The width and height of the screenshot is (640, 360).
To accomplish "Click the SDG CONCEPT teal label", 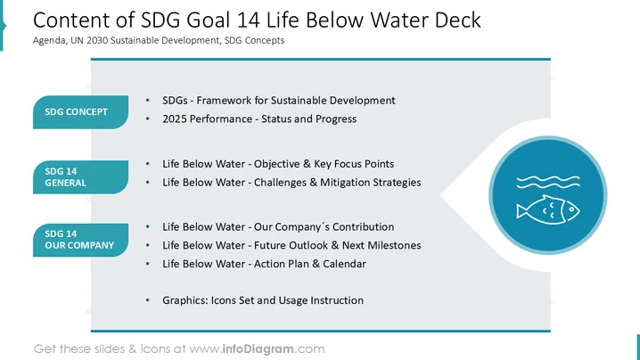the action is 80,112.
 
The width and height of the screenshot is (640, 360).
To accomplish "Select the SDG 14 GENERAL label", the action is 80,176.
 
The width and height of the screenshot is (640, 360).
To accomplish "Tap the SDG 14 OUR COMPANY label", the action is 80,240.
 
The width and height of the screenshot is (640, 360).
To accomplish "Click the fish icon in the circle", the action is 548,209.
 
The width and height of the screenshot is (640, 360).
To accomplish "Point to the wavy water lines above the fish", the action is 548,182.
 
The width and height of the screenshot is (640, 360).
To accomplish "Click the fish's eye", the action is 571,209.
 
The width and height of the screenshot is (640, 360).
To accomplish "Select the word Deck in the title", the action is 457,20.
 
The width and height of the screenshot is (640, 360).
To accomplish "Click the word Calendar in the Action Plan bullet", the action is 344,264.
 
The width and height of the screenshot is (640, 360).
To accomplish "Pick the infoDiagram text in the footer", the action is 258,349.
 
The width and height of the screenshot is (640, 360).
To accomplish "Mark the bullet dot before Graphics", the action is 147,300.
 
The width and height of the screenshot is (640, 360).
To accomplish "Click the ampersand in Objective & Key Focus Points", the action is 307,164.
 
